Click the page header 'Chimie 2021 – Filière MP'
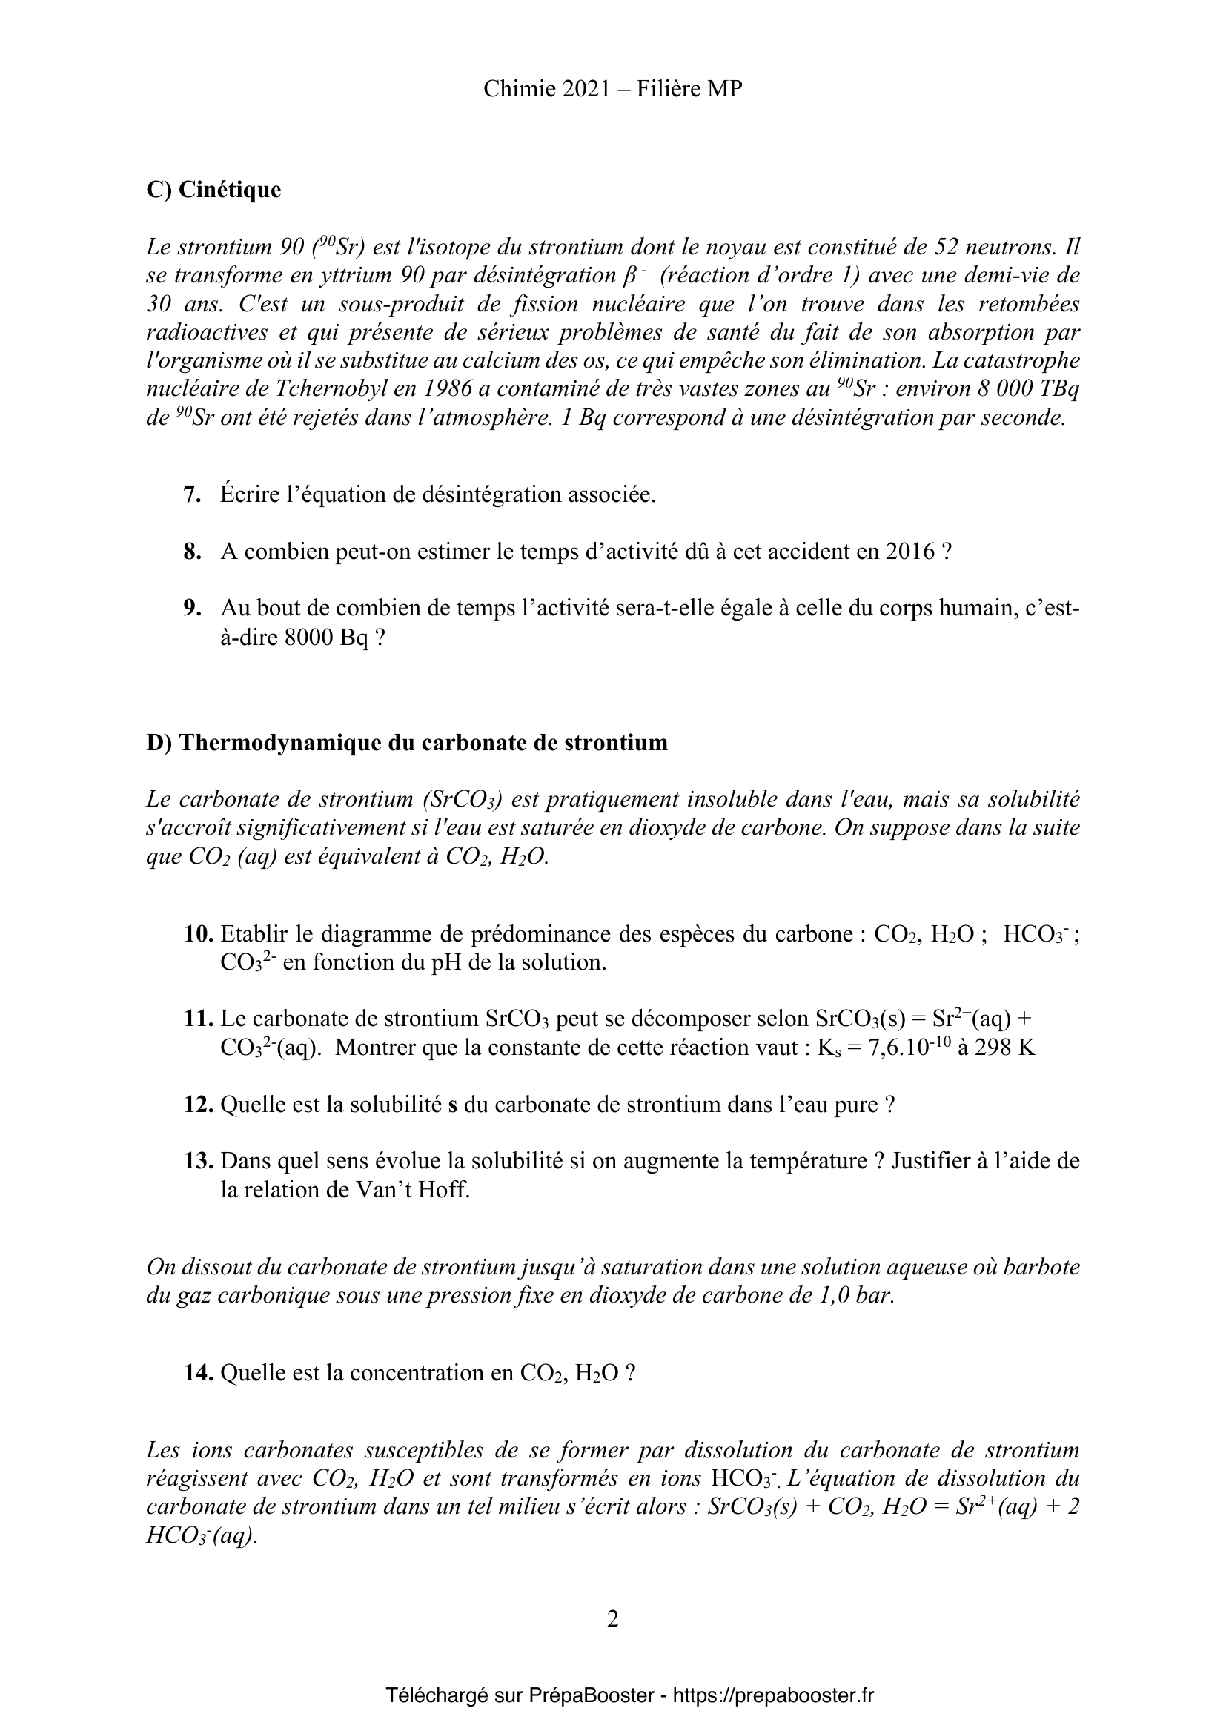coord(612,89)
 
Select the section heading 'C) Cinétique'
coord(213,190)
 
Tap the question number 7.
coord(192,494)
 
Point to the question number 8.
coord(192,552)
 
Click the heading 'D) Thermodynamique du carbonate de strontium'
coord(407,743)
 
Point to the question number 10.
coord(199,934)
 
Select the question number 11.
coord(199,1019)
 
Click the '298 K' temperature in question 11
coord(1006,1049)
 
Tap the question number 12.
coord(199,1105)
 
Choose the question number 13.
coord(199,1161)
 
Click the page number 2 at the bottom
coord(612,1619)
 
